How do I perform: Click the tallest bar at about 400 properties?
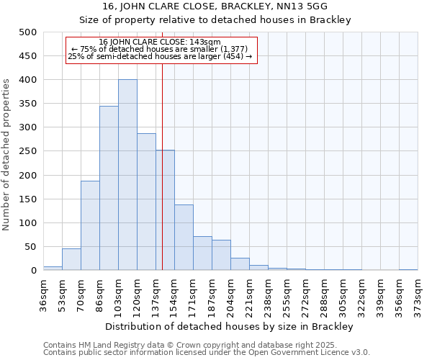coord(127,175)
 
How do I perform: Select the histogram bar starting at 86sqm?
coord(109,188)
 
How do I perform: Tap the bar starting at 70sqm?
coord(90,225)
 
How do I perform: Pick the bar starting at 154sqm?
coord(184,238)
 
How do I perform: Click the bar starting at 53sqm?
coord(71,259)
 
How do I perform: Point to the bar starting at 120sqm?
coord(146,202)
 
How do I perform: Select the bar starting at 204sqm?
coord(240,264)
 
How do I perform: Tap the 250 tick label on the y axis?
coord(27,151)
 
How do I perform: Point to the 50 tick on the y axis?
coord(30,247)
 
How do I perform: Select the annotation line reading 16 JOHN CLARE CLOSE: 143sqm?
coord(160,42)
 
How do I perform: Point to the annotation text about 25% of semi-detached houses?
coord(160,57)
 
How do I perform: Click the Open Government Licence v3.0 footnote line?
coord(207,353)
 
